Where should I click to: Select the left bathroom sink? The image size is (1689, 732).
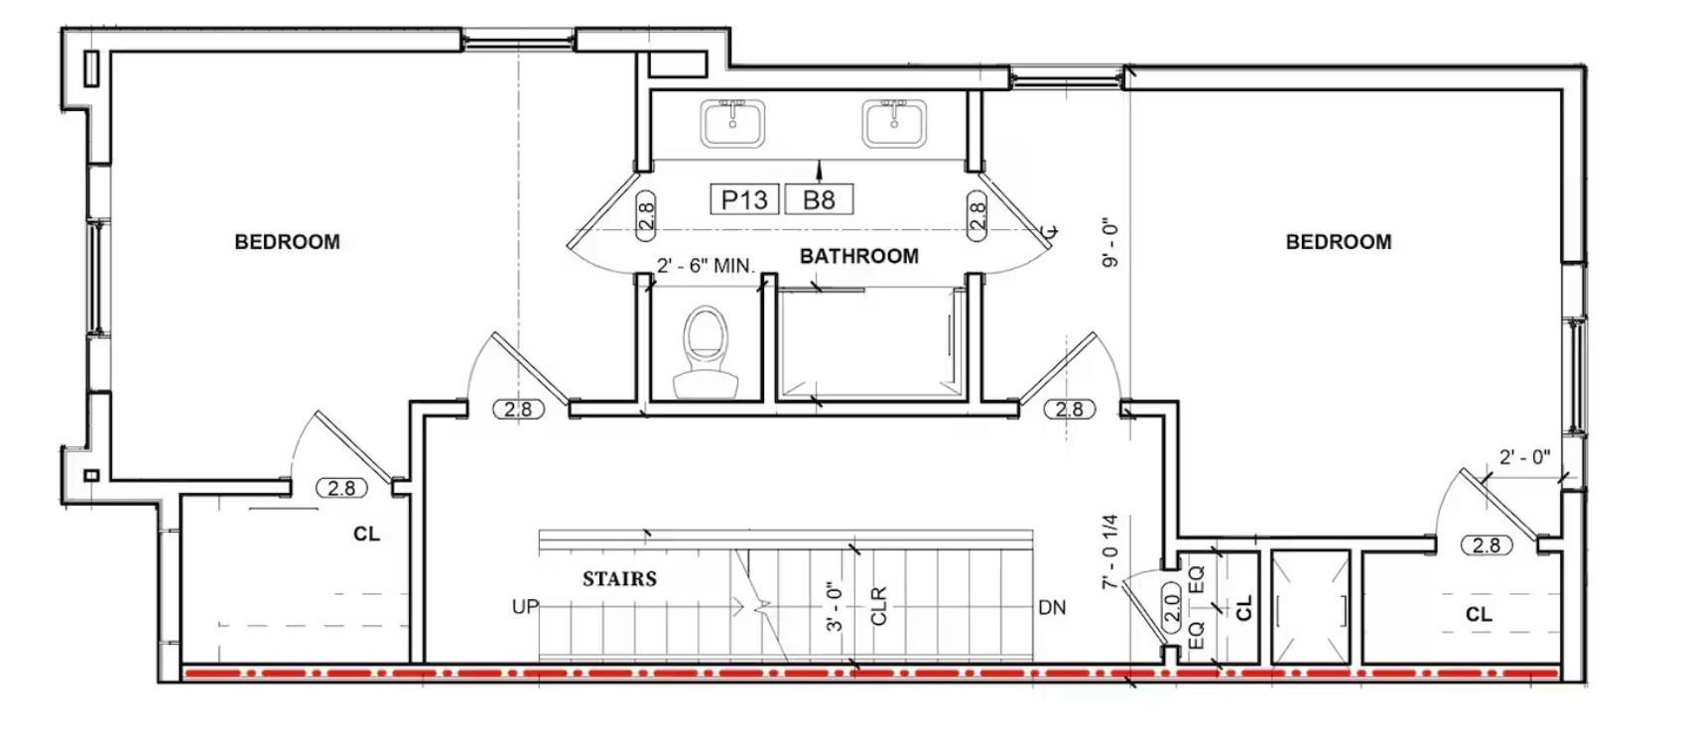pos(732,123)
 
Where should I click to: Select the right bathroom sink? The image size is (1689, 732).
pos(894,123)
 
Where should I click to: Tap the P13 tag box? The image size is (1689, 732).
pos(744,199)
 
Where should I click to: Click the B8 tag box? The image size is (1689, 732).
pos(819,199)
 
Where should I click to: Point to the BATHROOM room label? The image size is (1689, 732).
pos(858,256)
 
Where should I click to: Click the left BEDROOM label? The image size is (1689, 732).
pos(287,242)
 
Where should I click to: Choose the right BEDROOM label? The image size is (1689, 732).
pos(1339,242)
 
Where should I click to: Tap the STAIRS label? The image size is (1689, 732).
pos(619,579)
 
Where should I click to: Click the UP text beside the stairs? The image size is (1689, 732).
pos(525,607)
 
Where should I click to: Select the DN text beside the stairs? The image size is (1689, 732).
pos(1052,608)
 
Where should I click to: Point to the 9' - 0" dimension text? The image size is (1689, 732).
pos(1109,245)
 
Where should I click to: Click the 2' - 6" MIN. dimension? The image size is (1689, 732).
pos(706,266)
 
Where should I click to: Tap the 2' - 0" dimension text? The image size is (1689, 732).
pos(1524,457)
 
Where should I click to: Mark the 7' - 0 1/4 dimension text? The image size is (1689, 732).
pos(1109,551)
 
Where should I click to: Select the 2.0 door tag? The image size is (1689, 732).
pos(1172,608)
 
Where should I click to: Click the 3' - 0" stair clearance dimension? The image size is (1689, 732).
pos(834,606)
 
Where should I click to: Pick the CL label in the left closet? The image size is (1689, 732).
pos(366,534)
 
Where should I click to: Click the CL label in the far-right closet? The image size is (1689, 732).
pos(1479,614)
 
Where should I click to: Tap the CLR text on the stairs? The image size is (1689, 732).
pos(879,606)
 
